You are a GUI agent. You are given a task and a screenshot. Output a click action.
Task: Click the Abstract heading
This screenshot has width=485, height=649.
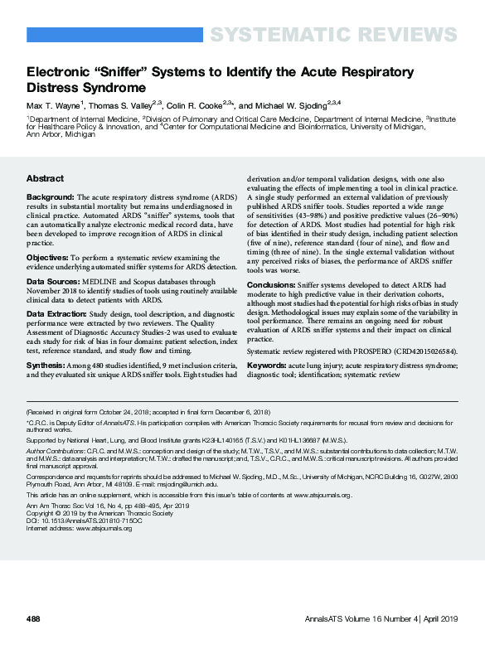coord(45,178)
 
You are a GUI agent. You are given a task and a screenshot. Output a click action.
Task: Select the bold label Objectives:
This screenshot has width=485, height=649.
coord(48,259)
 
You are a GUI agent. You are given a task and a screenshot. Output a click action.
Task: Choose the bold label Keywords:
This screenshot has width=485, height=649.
coord(269,364)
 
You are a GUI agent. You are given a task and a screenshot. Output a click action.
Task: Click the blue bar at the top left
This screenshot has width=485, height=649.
coord(115,35)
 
